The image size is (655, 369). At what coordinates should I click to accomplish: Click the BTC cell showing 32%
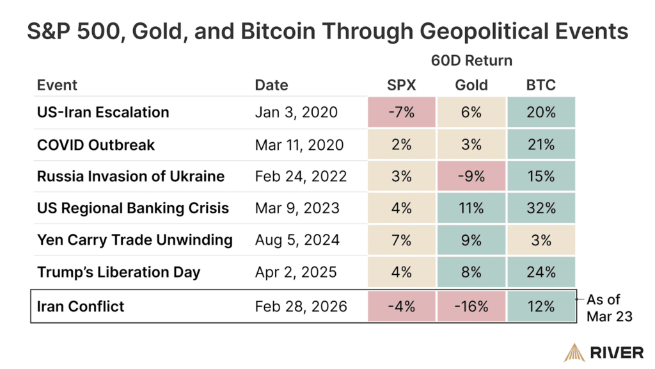coord(541,208)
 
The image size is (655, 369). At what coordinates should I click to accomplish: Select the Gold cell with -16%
coord(471,306)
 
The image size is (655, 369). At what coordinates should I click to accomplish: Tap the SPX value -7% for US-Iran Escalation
coord(402,112)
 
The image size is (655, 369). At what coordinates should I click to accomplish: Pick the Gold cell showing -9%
coord(471,176)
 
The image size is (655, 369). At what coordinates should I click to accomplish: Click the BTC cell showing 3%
coord(541,240)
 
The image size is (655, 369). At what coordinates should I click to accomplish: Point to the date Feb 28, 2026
coord(301,306)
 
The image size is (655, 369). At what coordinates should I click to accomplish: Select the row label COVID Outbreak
coord(96,144)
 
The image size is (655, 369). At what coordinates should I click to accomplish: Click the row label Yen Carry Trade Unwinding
coord(134,240)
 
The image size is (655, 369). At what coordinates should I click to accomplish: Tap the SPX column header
coord(402,85)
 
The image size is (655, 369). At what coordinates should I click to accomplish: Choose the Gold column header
coord(471,85)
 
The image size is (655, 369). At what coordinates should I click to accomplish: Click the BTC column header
coord(541,85)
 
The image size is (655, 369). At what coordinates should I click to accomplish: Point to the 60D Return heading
coord(471,61)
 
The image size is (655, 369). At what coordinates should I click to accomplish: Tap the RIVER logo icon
coord(573,351)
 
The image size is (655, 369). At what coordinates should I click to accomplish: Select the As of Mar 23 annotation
coord(611,307)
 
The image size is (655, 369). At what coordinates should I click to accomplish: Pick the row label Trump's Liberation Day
coord(118,272)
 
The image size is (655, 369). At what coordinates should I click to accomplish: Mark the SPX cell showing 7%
coord(402,240)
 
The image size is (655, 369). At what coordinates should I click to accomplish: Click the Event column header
coord(57,85)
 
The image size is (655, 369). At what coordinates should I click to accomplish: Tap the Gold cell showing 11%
coord(471,208)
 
